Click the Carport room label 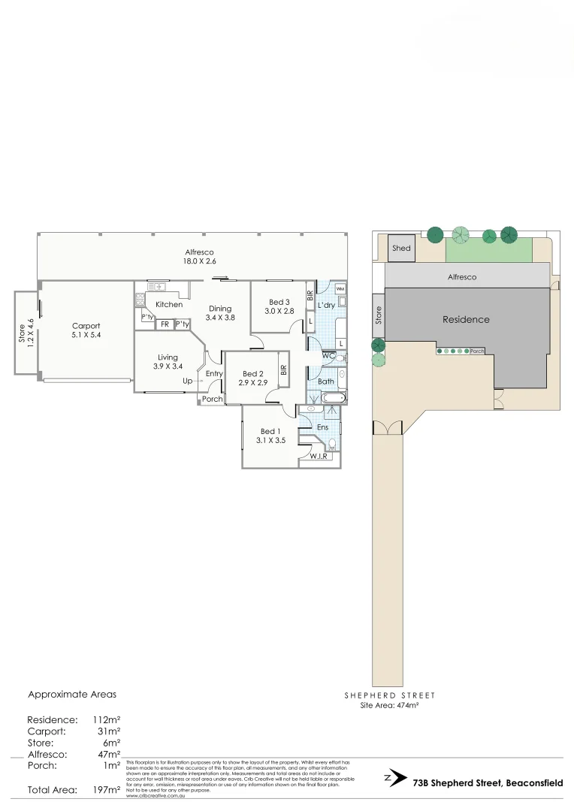tap(86, 326)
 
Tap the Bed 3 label tap(278, 300)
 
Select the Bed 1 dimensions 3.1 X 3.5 tap(268, 441)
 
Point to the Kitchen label tap(169, 304)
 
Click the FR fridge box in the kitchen tap(164, 324)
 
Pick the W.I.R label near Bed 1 tap(318, 456)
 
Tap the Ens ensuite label tap(323, 427)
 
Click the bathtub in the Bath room tap(331, 398)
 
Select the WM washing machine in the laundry tap(340, 289)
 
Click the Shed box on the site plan tap(402, 249)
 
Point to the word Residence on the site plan tap(465, 319)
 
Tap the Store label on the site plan tap(378, 315)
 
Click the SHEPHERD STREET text tap(389, 695)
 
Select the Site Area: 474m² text tap(389, 705)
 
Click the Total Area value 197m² tap(106, 789)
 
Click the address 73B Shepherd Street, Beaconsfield tap(488, 783)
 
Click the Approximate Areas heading tap(72, 695)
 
